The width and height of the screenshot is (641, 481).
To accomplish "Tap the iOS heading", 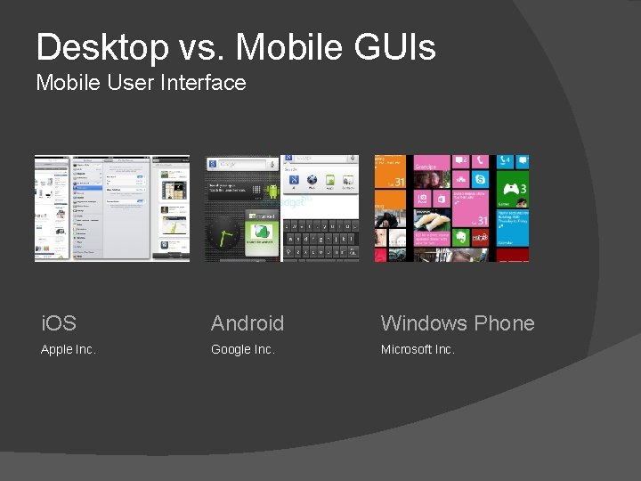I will [59, 323].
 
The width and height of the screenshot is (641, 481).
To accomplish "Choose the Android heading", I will [247, 323].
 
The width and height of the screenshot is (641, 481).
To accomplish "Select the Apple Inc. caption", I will [68, 349].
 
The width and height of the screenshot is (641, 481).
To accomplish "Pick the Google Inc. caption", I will [242, 349].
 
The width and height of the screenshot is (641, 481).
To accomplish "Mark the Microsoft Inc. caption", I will [418, 349].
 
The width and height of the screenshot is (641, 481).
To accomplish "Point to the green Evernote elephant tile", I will [461, 238].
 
